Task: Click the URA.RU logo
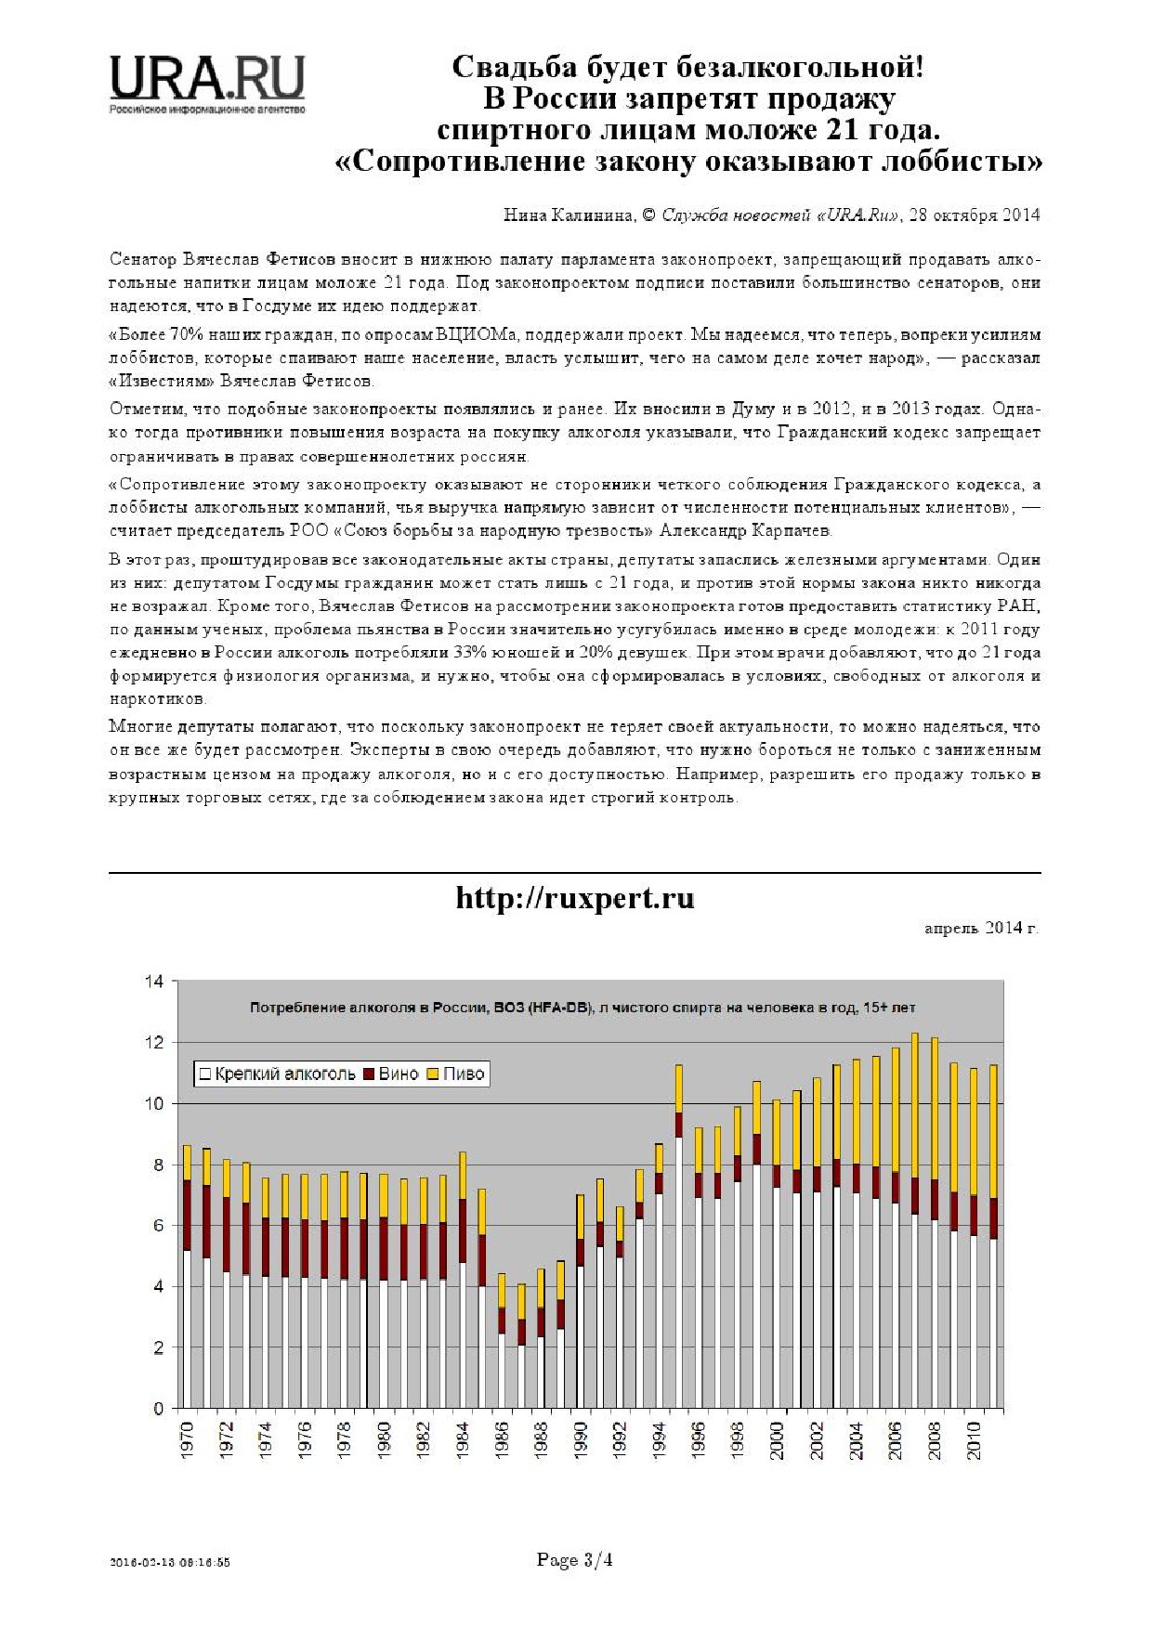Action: click(x=207, y=82)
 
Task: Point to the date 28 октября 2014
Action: click(x=975, y=215)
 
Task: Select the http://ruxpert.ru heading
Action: click(x=575, y=899)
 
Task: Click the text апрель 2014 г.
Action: click(x=981, y=928)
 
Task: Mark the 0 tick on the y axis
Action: click(x=158, y=1409)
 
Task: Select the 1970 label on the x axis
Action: click(x=187, y=1440)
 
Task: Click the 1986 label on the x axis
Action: click(x=502, y=1440)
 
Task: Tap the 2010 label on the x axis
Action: click(x=974, y=1440)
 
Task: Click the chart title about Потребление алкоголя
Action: click(x=583, y=1008)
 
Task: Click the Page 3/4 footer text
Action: click(x=574, y=1560)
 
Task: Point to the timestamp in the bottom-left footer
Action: click(x=169, y=1562)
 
